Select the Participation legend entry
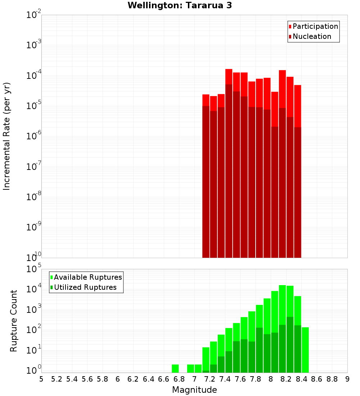coord(313,27)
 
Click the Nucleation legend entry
coord(310,37)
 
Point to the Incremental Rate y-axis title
coord(7,136)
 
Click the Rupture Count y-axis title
coord(14,321)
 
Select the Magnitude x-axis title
coord(194,390)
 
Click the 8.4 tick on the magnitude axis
coord(301,379)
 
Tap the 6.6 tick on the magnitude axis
coord(164,379)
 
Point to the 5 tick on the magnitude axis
coord(41,379)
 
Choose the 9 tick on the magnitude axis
coord(347,379)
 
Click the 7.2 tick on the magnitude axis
coord(210,379)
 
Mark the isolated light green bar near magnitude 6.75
coord(175,369)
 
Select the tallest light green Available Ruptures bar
coord(282,324)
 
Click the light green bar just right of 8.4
coord(305,349)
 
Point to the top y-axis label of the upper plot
coord(34,15)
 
